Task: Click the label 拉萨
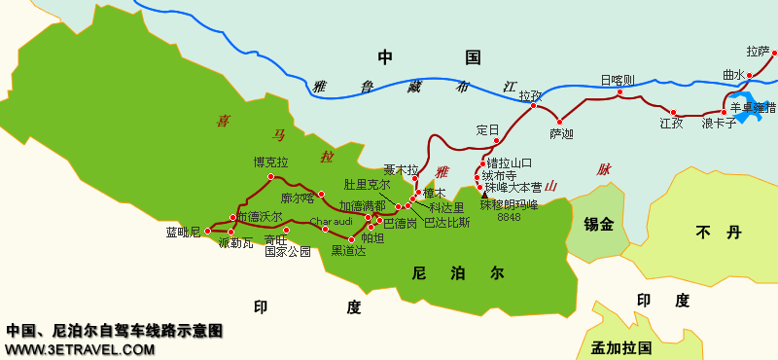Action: pos(758,51)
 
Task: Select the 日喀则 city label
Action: pos(617,80)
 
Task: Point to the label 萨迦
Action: pos(561,133)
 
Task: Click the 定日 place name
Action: pos(487,129)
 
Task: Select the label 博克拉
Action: pos(270,162)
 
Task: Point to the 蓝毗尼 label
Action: pos(183,232)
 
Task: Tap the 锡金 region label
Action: pos(598,225)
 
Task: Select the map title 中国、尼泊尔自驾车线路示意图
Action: pos(115,331)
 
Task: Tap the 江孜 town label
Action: pos(671,124)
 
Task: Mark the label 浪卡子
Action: pos(720,124)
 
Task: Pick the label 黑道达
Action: pos(348,251)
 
